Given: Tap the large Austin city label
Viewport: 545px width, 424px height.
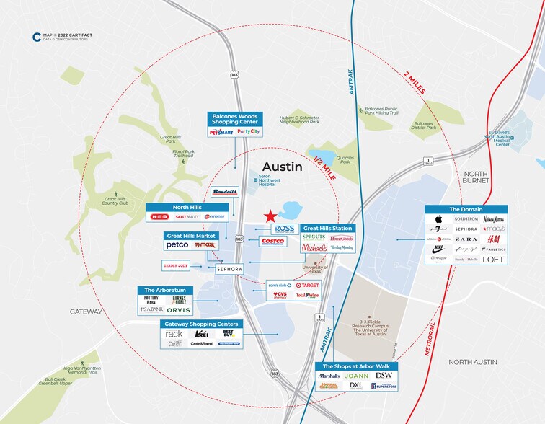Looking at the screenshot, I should (281, 167).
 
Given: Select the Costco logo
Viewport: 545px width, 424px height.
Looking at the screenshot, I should (272, 242).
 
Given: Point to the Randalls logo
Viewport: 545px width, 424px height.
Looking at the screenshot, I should (224, 192).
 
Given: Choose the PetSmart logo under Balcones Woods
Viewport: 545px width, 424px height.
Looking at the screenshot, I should (221, 132).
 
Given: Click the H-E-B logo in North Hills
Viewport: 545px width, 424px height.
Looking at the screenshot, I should (159, 217).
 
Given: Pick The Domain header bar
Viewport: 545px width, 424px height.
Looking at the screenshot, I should (465, 209).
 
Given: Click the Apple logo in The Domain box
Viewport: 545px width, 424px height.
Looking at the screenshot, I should (438, 219).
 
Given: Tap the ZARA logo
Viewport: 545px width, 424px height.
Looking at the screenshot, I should (466, 239).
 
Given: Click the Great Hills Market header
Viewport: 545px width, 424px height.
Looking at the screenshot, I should (191, 235).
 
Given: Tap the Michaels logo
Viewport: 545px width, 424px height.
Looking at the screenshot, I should (314, 247).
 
